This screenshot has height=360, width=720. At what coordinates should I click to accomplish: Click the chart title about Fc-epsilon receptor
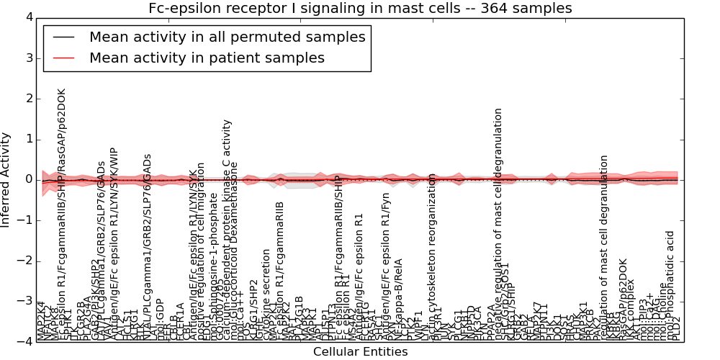pyautogui.click(x=360, y=9)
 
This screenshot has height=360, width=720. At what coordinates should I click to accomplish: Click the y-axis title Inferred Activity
pyautogui.click(x=6, y=180)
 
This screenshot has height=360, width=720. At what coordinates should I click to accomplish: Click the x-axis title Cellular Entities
pyautogui.click(x=360, y=352)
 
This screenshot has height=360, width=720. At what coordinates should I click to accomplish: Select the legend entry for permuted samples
pyautogui.click(x=227, y=37)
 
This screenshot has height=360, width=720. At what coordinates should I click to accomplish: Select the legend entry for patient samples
pyautogui.click(x=207, y=58)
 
